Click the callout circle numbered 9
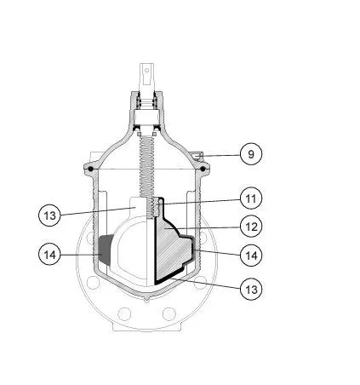[x=251, y=154]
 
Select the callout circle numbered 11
[x=251, y=198]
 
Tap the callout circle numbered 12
[x=251, y=227]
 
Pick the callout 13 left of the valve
[x=49, y=215]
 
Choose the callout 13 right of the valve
[x=251, y=290]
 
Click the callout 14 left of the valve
[x=49, y=255]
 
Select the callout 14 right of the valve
[x=251, y=255]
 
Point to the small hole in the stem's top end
[x=147, y=70]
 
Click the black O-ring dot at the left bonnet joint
[x=90, y=169]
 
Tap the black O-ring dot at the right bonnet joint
[x=203, y=169]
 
